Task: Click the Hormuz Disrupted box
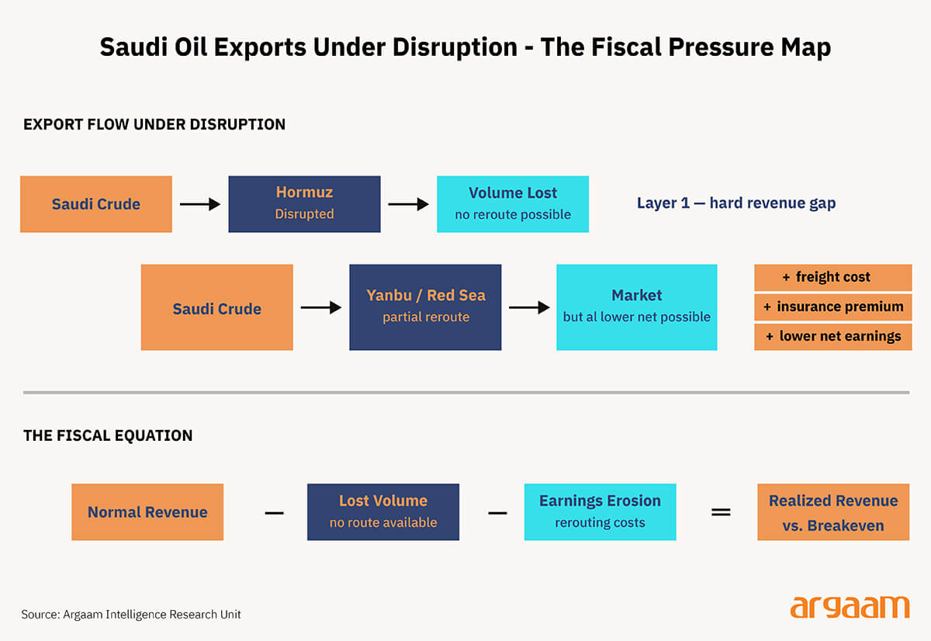point(304,204)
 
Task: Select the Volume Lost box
point(513,204)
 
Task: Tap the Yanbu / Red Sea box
point(425,307)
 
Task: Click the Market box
point(636,307)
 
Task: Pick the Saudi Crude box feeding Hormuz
point(96,204)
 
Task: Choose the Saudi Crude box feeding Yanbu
point(216,307)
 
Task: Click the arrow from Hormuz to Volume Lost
point(408,204)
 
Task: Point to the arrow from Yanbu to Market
point(529,307)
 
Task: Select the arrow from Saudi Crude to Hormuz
point(200,204)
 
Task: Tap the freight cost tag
point(832,277)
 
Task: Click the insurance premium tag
point(832,307)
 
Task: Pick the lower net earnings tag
point(832,336)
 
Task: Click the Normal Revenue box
point(147,512)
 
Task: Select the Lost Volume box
point(383,512)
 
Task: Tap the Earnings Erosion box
point(600,512)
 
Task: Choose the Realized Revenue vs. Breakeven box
point(833,512)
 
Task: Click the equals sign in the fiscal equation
point(721,513)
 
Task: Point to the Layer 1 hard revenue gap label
point(736,203)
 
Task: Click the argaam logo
point(850,607)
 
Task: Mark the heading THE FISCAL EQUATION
point(108,435)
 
